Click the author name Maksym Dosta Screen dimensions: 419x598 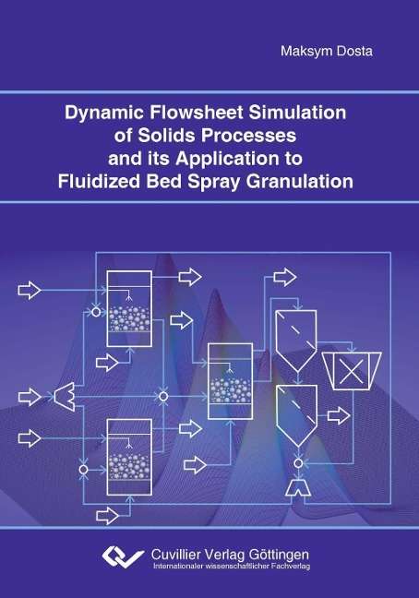pos(327,51)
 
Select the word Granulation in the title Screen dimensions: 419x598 pos(299,182)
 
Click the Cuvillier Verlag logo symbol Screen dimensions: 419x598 pos(123,556)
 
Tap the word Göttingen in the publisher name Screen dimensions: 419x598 pos(279,554)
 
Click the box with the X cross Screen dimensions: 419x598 pos(351,371)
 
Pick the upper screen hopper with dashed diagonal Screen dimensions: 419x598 pos(296,341)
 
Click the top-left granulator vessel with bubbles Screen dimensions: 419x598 pos(129,308)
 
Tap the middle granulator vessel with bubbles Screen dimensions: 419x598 pos(230,381)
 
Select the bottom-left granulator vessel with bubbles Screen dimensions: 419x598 pos(129,457)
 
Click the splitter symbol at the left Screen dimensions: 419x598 pos(65,397)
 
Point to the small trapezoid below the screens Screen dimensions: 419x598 pos(298,488)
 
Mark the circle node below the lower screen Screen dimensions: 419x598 pos(298,463)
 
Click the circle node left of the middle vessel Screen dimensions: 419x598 pos(163,397)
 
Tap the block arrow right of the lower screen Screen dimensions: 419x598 pos(339,415)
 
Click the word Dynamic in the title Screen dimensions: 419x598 pos(104,113)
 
